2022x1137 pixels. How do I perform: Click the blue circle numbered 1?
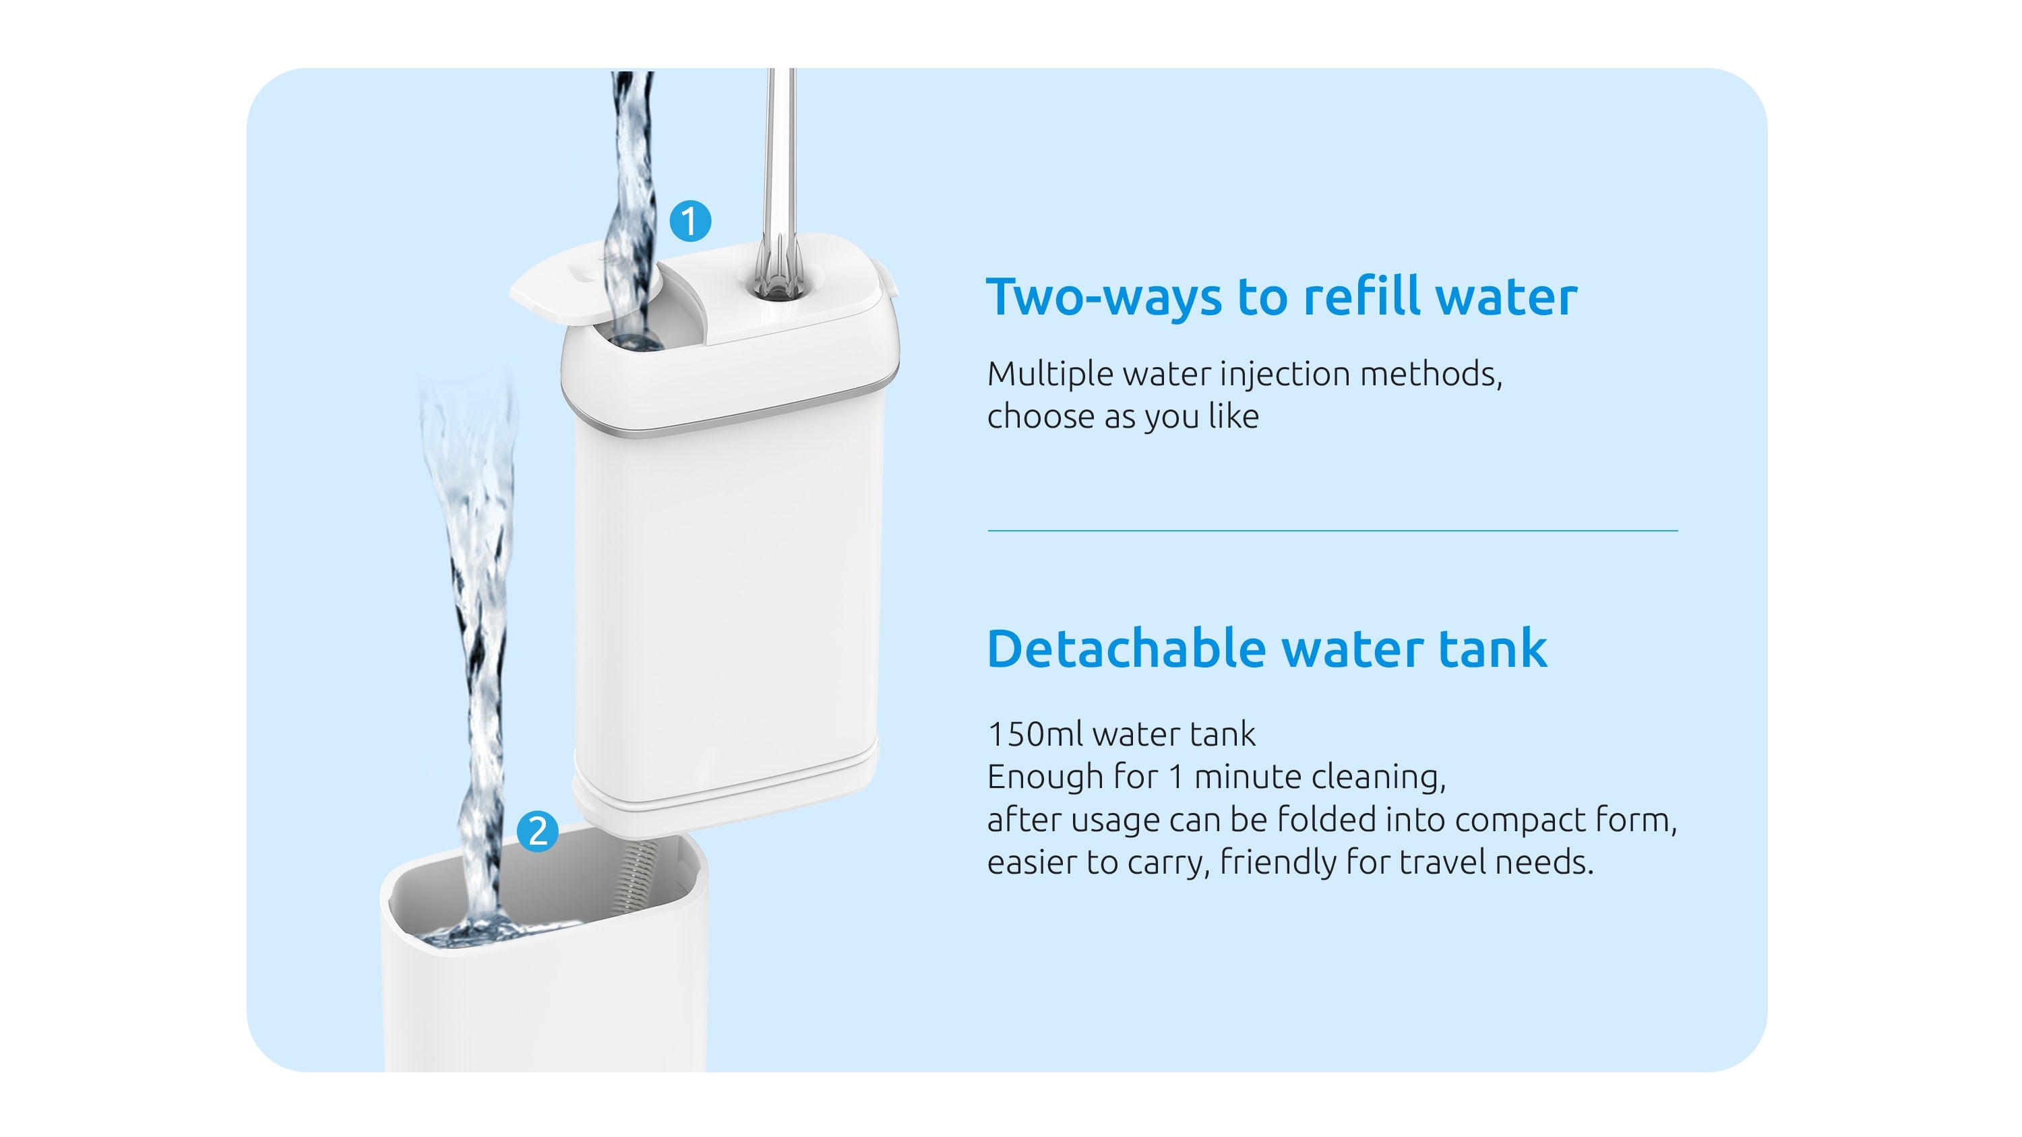pos(690,222)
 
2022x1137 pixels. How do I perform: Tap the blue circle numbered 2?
pos(538,832)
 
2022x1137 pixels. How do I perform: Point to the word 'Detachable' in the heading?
pos(1126,649)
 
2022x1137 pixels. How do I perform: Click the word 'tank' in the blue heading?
pos(1492,649)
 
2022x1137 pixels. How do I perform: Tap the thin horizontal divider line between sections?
pos(1332,531)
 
